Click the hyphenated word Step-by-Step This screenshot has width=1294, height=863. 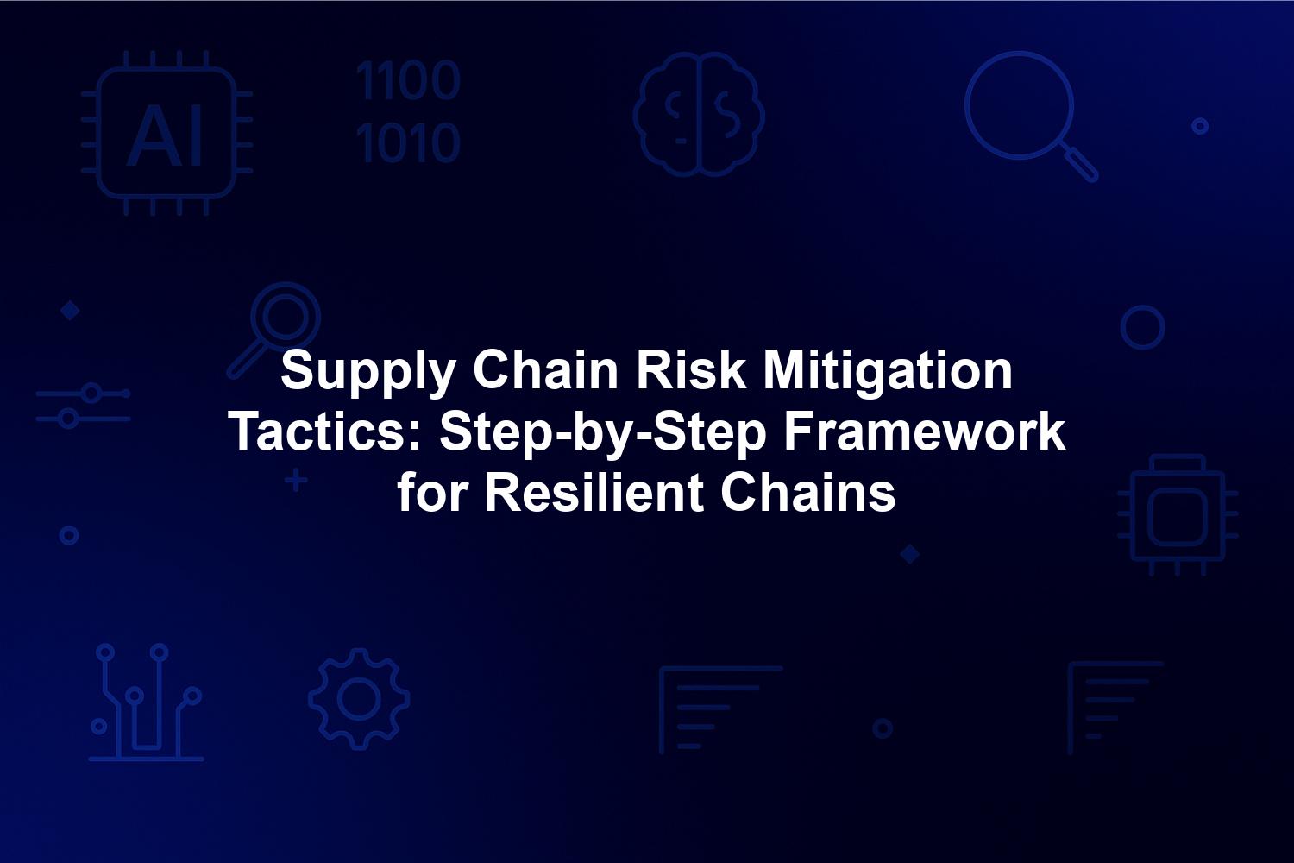pyautogui.click(x=602, y=435)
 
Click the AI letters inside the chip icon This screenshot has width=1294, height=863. pyautogui.click(x=166, y=135)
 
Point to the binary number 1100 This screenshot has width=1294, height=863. pyautogui.click(x=408, y=80)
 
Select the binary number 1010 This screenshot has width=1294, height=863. pyautogui.click(x=408, y=142)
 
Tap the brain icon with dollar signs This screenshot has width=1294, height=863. pyautogui.click(x=699, y=115)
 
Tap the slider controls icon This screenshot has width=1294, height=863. pyautogui.click(x=83, y=406)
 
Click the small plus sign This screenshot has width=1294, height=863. pyautogui.click(x=296, y=481)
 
